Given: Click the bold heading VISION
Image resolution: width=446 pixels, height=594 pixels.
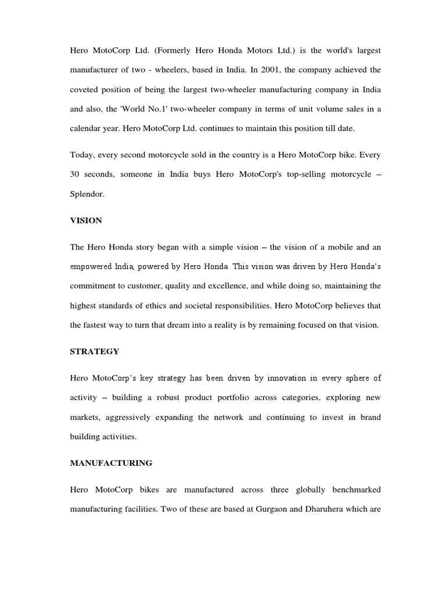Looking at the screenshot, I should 86,220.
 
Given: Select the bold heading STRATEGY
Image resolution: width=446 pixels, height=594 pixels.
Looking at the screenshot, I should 95,352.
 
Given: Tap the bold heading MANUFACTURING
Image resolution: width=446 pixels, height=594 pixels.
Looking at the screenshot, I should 111,463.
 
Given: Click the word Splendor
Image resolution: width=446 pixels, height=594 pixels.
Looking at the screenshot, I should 87,194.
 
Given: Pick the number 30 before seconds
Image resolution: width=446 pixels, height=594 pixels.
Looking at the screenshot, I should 75,175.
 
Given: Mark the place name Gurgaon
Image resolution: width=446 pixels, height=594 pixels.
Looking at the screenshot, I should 273,509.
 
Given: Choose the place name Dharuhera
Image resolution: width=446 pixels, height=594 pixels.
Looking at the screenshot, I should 328,509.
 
